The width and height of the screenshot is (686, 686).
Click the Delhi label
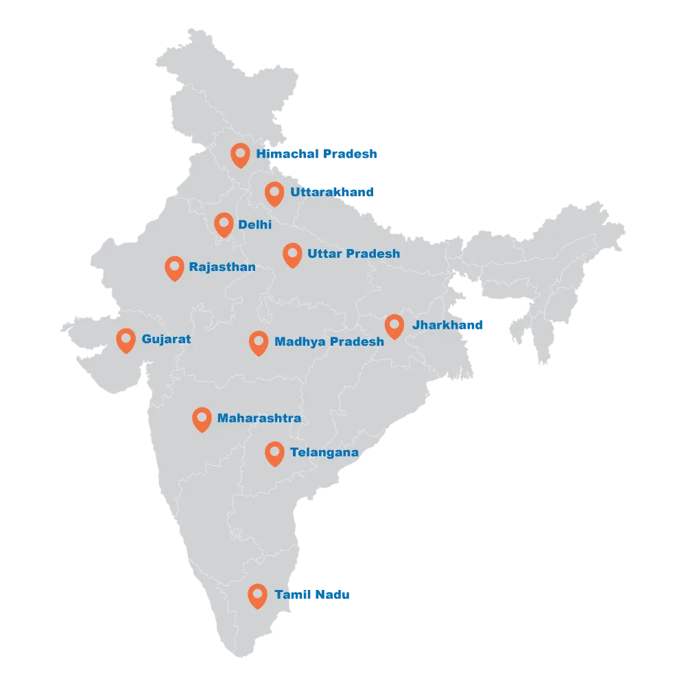coord(255,224)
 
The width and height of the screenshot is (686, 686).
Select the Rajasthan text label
coord(222,267)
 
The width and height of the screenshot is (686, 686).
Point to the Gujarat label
coord(166,339)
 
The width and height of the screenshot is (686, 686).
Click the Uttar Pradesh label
coord(353,254)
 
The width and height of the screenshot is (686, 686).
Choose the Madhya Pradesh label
coord(329,341)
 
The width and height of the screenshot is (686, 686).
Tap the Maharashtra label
coord(259,418)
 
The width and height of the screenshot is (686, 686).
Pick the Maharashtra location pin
coord(201,418)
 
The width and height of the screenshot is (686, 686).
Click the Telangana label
coord(324,453)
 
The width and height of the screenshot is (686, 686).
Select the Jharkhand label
coord(447,324)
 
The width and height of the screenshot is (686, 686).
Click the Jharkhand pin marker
coord(394,325)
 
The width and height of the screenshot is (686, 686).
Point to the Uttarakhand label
coord(331,192)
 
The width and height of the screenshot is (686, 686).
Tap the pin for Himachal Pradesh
coord(239,154)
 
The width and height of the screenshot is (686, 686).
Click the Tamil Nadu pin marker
coord(257,595)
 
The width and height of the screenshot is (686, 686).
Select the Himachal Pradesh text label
coord(317,154)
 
